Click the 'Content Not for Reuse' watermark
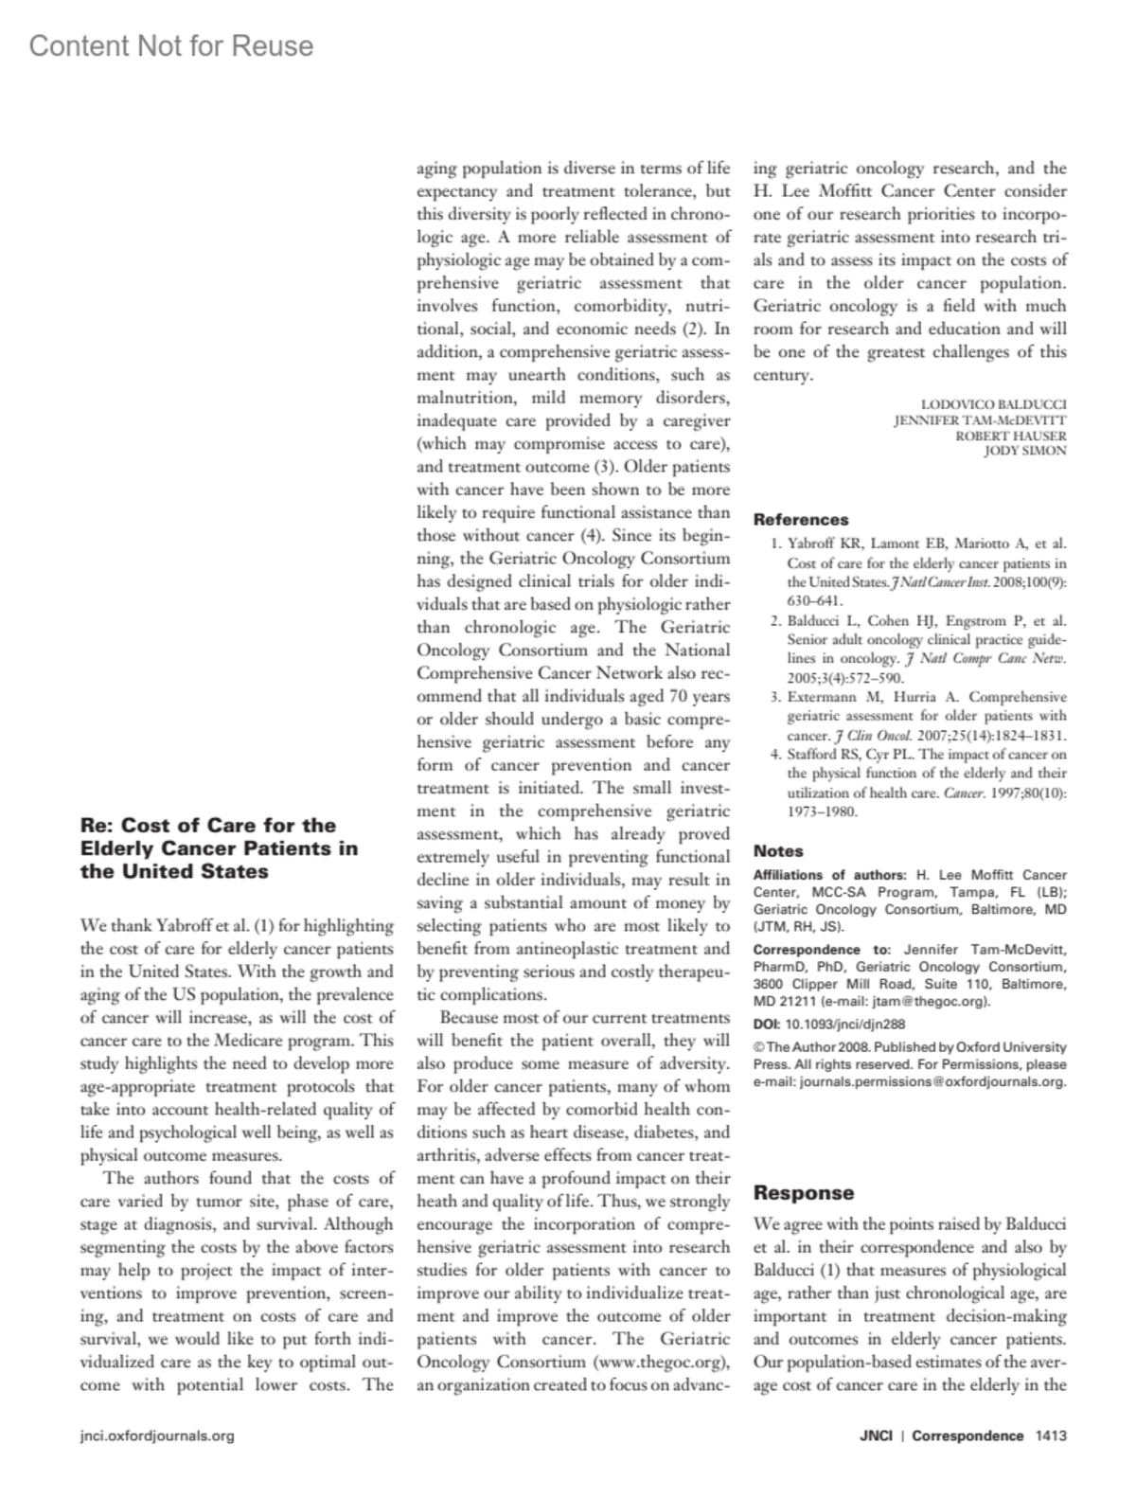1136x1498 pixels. pos(171,45)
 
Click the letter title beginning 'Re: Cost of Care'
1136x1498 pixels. pos(220,847)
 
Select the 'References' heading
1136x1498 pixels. pos(801,519)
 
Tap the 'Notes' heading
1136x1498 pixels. pos(778,850)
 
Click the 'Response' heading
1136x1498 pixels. pos(804,1193)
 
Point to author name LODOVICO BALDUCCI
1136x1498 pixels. pos(993,404)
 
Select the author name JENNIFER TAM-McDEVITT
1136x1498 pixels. pos(980,419)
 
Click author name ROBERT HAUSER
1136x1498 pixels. pos(1010,436)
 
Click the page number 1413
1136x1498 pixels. pos(1051,1436)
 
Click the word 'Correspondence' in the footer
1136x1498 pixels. pos(967,1436)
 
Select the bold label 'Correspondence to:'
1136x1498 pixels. pos(822,950)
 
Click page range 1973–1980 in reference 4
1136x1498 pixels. pos(823,811)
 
